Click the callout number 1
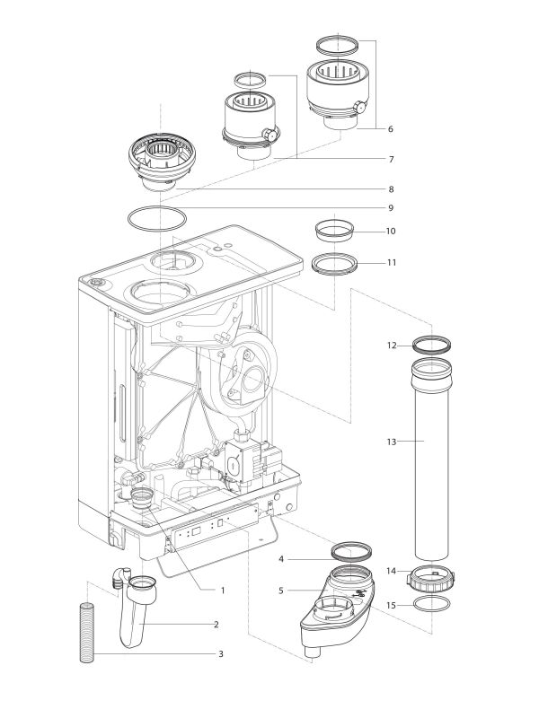223,590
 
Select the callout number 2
216,624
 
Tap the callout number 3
220,654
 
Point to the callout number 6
390,129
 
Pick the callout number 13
391,441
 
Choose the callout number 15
391,606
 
